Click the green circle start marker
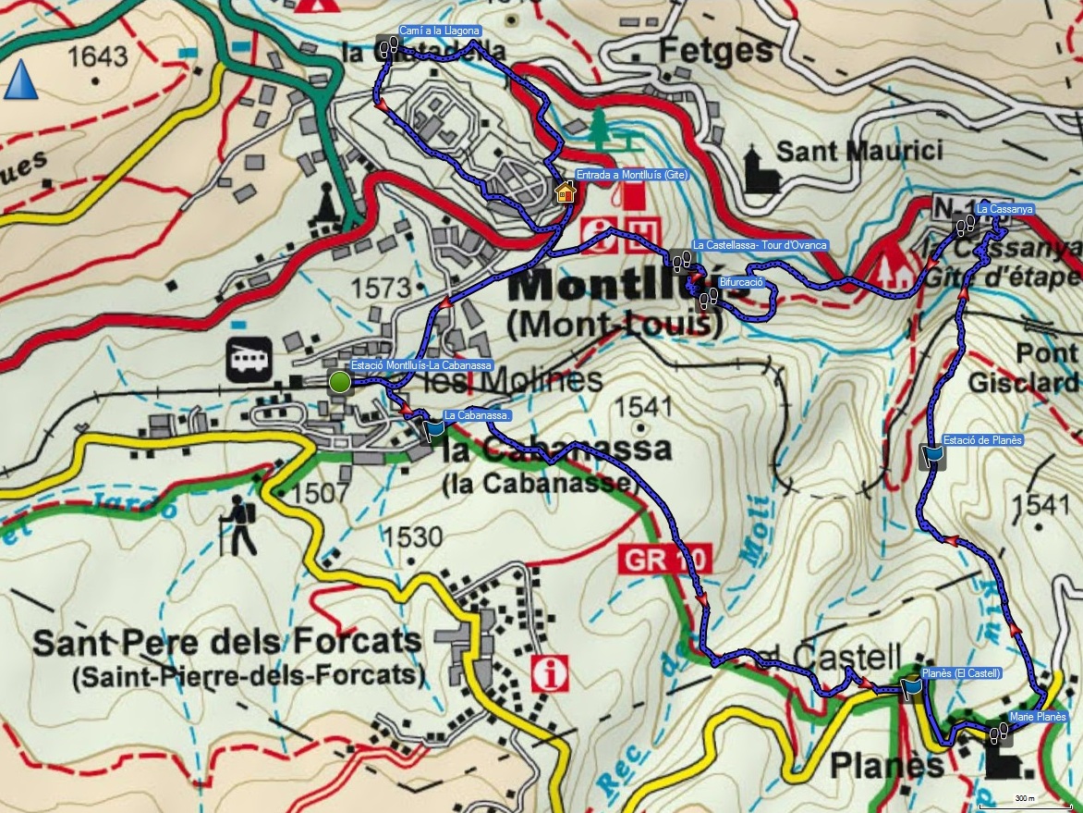tap(340, 381)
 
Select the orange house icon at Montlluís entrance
tap(566, 191)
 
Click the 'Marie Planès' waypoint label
tap(1038, 717)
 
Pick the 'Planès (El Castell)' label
tap(962, 672)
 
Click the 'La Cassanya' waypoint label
tap(1004, 210)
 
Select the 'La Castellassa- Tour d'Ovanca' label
tap(760, 245)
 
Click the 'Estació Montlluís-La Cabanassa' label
tap(421, 364)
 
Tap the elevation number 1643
tap(97, 57)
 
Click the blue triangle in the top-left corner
tap(19, 80)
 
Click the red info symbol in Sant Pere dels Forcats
tap(553, 672)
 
